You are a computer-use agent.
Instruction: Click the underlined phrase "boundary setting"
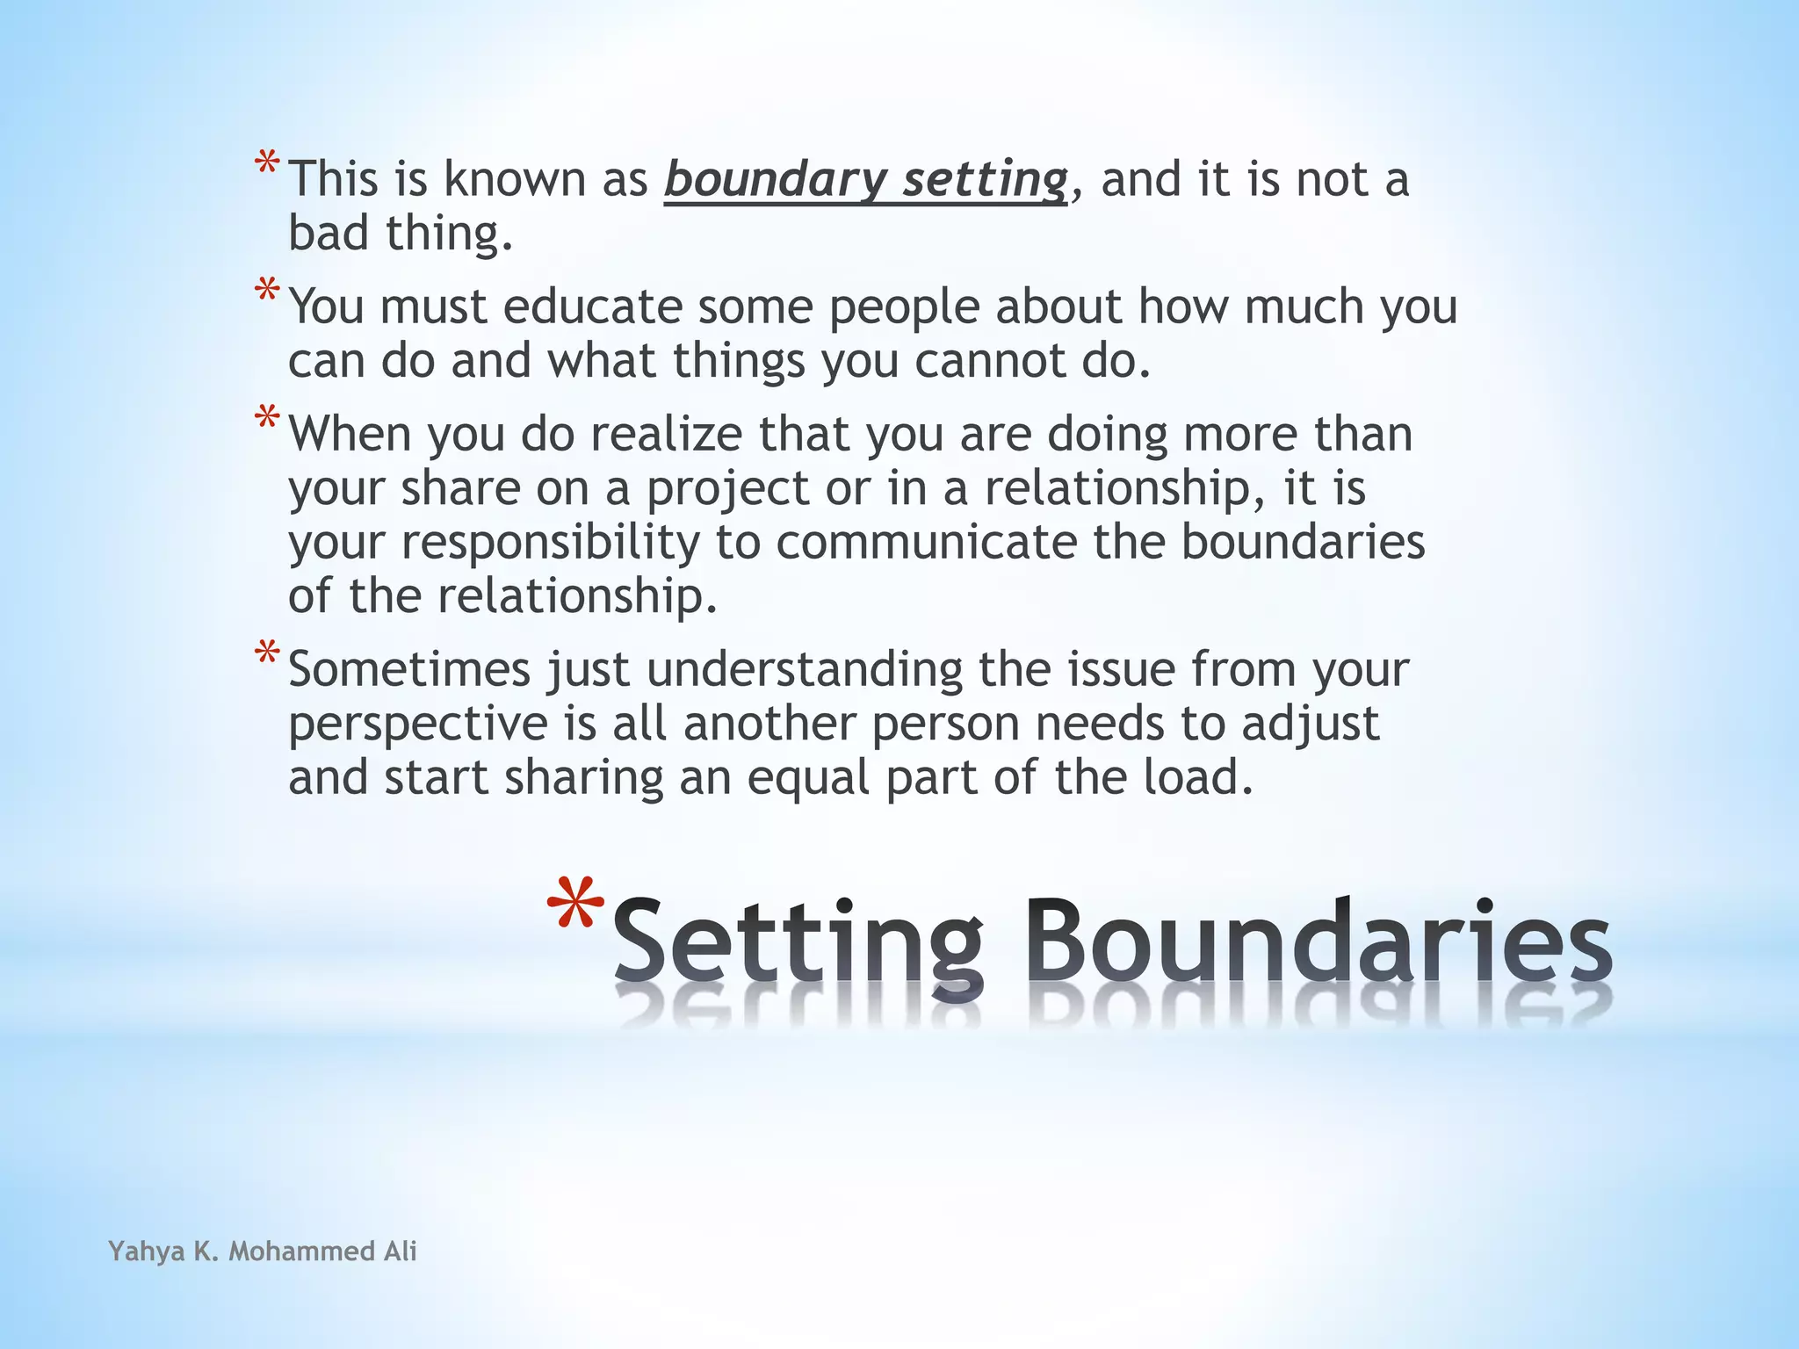865,180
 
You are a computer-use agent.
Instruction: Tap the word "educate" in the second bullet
593,307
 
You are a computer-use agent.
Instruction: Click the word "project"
728,490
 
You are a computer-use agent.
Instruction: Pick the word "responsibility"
551,544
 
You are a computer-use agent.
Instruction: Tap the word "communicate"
926,543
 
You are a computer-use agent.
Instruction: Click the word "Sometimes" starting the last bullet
409,669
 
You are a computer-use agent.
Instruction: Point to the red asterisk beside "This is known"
267,164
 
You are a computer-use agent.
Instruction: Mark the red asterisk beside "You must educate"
267,291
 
